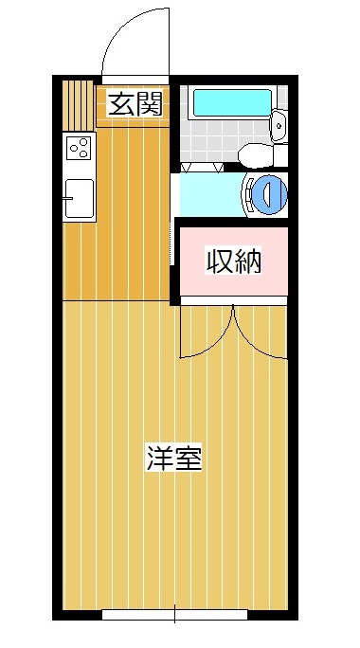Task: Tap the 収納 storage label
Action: pos(234,261)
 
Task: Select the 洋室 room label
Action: pos(174,459)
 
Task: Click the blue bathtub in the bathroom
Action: pos(233,102)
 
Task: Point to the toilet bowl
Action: pos(258,155)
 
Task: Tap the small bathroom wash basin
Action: pos(279,125)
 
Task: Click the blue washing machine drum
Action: pos(269,194)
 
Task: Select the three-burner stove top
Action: pos(80,148)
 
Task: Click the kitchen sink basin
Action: pos(80,198)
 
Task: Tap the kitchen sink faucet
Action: pos(67,198)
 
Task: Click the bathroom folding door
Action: pos(202,168)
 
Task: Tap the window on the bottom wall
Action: pos(174,615)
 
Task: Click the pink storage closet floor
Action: pos(234,261)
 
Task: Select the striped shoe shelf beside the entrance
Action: pos(79,106)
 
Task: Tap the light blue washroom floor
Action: pos(211,194)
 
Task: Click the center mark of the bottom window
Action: pos(174,614)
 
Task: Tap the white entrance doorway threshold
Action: pos(135,80)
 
